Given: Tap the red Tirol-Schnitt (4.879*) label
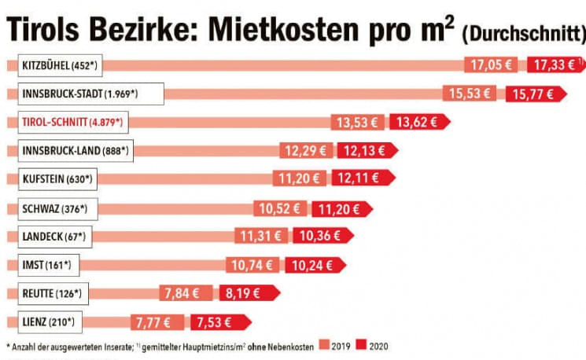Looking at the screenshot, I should click(70, 122).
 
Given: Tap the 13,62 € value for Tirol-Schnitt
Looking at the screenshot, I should click(419, 122).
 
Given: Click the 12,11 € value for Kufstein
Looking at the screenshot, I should click(359, 179).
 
